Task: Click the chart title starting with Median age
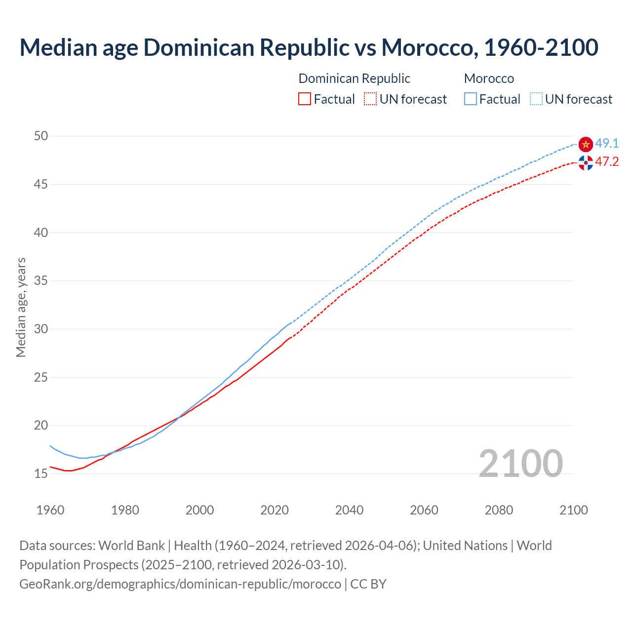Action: pyautogui.click(x=309, y=47)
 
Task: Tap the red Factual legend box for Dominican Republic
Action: pyautogui.click(x=305, y=99)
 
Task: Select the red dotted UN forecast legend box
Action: pyautogui.click(x=370, y=99)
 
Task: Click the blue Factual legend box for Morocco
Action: pyautogui.click(x=471, y=99)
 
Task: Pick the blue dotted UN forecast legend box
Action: pyautogui.click(x=536, y=99)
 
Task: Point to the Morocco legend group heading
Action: pyautogui.click(x=489, y=79)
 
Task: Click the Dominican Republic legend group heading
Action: pyautogui.click(x=354, y=79)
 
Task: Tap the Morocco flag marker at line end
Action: pyautogui.click(x=586, y=144)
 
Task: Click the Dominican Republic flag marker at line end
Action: pyautogui.click(x=586, y=162)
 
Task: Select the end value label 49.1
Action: pyautogui.click(x=607, y=144)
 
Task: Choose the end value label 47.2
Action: pyautogui.click(x=607, y=162)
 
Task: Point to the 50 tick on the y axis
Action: pyautogui.click(x=41, y=136)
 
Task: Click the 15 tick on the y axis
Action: pyautogui.click(x=41, y=474)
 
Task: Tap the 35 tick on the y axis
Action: pyautogui.click(x=41, y=281)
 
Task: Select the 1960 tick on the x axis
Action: pyautogui.click(x=50, y=510)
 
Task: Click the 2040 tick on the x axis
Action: pyautogui.click(x=349, y=510)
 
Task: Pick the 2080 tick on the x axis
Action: pyautogui.click(x=499, y=510)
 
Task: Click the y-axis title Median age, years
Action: pyautogui.click(x=21, y=307)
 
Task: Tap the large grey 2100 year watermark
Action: pyautogui.click(x=520, y=464)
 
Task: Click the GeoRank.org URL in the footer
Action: pyautogui.click(x=180, y=584)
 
